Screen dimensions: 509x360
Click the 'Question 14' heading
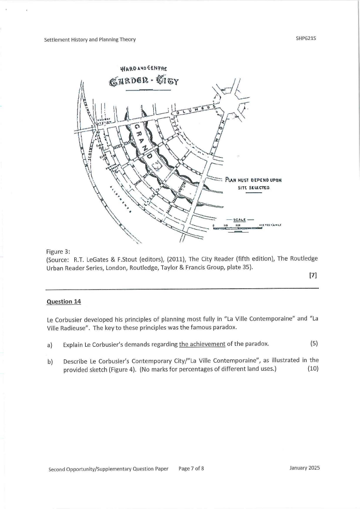coord(63,301)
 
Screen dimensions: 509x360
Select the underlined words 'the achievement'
coord(202,344)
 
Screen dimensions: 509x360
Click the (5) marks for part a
coord(314,344)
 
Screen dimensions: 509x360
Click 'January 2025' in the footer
coord(304,468)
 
